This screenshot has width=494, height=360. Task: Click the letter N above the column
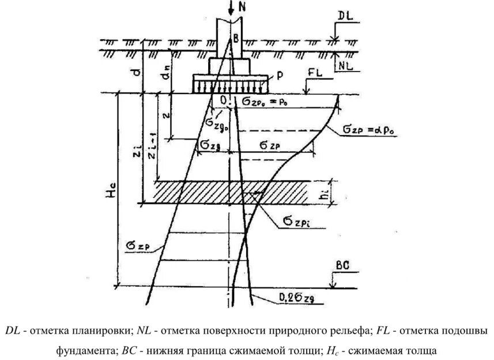pyautogui.click(x=243, y=7)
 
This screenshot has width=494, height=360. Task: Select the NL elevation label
pyautogui.click(x=344, y=66)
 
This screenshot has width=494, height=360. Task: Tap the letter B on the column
pyautogui.click(x=236, y=39)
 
